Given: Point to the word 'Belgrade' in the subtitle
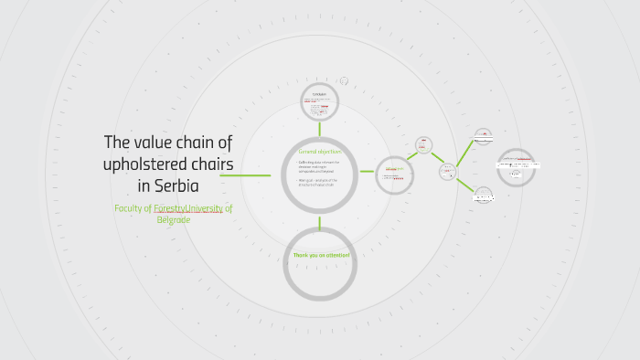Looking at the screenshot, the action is click(173, 219).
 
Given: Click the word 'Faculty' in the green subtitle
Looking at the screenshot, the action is click(131, 208).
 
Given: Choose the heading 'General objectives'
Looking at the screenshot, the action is click(319, 152).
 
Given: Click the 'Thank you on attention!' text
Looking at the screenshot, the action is click(320, 255).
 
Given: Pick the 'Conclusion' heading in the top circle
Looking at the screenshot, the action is click(319, 94).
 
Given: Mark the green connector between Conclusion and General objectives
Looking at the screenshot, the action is click(319, 129).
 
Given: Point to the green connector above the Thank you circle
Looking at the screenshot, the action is click(319, 224).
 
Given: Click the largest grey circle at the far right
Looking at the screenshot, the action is click(517, 167).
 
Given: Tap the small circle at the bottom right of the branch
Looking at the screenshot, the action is click(483, 195).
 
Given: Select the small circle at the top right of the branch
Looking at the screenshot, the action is click(483, 137).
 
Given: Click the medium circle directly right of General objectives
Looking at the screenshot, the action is click(393, 174).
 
